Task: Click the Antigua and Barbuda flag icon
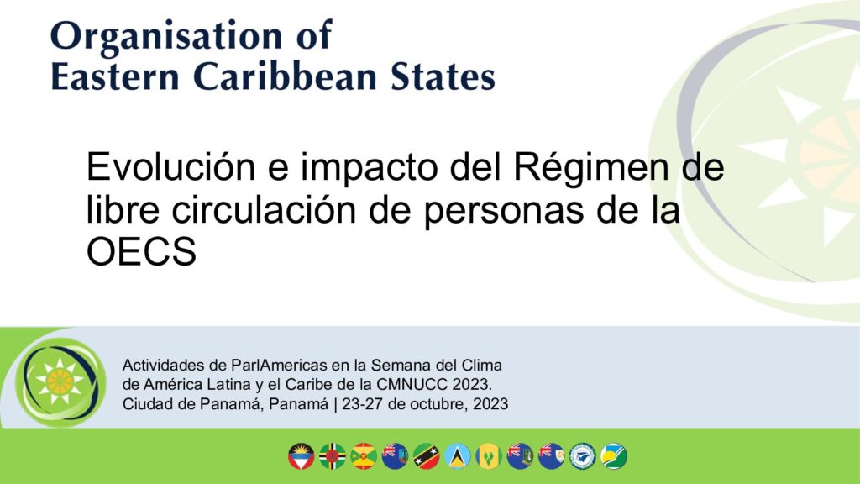click(302, 456)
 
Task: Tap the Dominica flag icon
click(333, 456)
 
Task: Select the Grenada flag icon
click(364, 456)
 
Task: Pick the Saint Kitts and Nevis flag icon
click(426, 456)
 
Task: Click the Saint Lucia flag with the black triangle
click(458, 456)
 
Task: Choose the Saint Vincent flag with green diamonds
click(489, 456)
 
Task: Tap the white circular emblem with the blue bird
click(583, 456)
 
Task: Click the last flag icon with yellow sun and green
click(614, 456)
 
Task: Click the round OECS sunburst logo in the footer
click(60, 382)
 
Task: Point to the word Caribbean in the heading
click(286, 76)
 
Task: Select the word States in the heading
click(443, 76)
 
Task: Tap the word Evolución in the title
click(171, 167)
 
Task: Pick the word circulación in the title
click(264, 209)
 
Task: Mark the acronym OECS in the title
click(141, 252)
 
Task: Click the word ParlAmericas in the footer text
click(281, 365)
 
